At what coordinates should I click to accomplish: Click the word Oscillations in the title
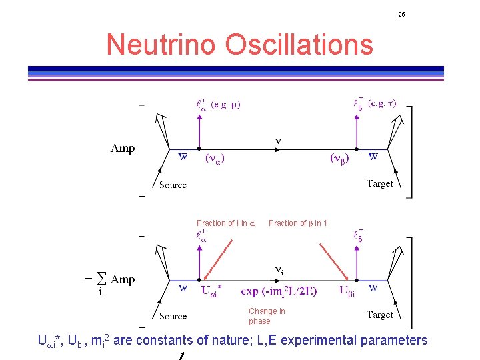[299, 45]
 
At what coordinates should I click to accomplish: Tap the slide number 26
[401, 14]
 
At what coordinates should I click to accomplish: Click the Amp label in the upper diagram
[122, 149]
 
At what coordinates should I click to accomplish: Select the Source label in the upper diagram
[173, 185]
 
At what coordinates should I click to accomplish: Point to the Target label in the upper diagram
[379, 183]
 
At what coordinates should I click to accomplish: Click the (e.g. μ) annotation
[226, 104]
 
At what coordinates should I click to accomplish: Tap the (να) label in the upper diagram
[218, 159]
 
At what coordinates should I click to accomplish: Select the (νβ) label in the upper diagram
[339, 159]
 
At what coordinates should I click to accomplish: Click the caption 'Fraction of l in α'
[226, 223]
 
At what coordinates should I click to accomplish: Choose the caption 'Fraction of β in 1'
[297, 223]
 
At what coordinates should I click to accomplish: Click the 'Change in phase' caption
[266, 316]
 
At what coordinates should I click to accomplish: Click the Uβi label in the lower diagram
[347, 291]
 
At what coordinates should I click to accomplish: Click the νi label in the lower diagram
[280, 270]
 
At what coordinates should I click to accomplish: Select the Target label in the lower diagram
[379, 315]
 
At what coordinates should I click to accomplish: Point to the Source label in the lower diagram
[173, 316]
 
